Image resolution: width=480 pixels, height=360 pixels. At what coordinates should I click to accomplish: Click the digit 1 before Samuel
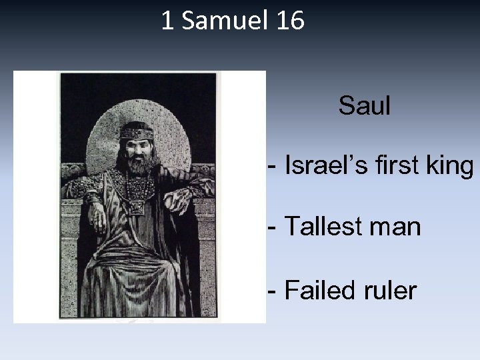pos(167,21)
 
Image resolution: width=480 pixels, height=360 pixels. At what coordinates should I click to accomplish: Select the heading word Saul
pos(364,105)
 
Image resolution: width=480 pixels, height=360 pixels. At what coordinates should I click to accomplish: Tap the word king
pos(449,167)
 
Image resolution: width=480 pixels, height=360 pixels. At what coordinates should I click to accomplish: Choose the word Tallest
pos(321,228)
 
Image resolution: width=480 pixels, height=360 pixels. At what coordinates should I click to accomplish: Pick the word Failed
pos(316,291)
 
